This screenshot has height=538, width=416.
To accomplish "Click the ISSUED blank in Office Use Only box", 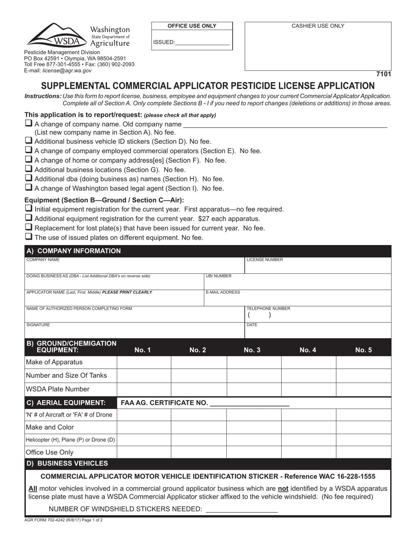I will pos(202,42).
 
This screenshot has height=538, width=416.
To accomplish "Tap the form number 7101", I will pos(383,74).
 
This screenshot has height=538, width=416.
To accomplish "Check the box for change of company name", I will pos(29,124).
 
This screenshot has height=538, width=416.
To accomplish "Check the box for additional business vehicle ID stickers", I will pos(29,141).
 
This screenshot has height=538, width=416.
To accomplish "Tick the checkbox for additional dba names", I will pos(29,178).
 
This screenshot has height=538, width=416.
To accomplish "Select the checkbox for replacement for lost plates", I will pos(29,227).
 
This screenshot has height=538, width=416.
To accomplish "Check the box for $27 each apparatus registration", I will pos(29,218).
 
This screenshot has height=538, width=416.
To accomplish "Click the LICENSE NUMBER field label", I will pos(265,260).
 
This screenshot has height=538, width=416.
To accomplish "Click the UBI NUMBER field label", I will pos(219,276).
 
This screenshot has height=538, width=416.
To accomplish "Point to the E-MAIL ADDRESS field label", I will pos(223,292).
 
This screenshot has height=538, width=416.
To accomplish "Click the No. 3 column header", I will pos(252,350).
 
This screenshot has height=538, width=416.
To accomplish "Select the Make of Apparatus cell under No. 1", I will pos(144,363).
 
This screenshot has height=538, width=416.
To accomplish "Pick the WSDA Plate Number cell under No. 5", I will pos(363,389).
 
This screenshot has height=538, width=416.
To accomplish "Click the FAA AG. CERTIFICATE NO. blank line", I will pos(250,403).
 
